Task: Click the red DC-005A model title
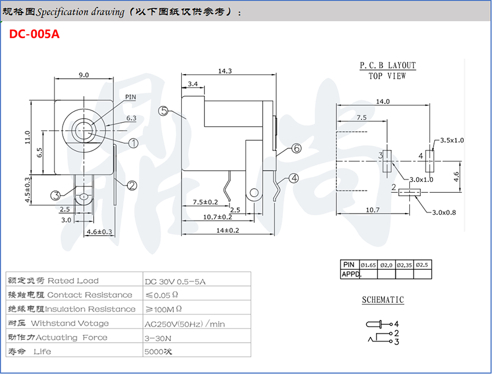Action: click(x=34, y=34)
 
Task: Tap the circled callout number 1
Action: click(x=134, y=142)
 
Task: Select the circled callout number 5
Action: click(x=164, y=111)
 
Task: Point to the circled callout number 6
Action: click(x=296, y=148)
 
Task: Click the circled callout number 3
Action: click(x=56, y=195)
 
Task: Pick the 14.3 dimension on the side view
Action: click(x=225, y=71)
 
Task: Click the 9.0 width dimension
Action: click(x=83, y=75)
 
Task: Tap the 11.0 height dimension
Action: click(x=27, y=138)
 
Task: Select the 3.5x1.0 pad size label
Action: click(x=452, y=140)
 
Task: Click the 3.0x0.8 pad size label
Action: click(x=444, y=212)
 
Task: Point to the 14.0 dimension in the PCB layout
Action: click(x=383, y=101)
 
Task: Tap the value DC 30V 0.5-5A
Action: click(x=175, y=281)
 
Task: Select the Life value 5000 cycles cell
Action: click(x=158, y=351)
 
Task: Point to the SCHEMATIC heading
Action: click(x=383, y=300)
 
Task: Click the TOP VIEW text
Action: click(x=387, y=76)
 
